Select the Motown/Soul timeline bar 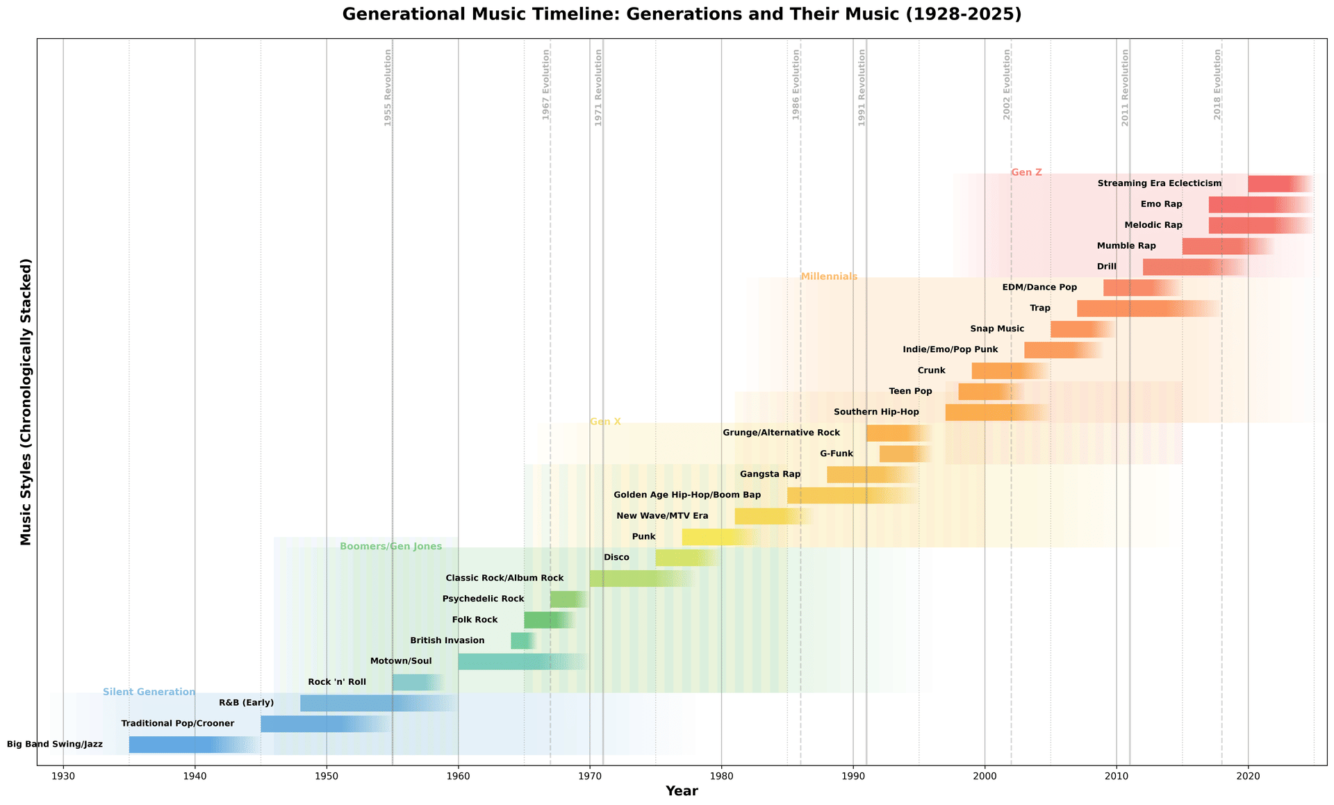point(514,662)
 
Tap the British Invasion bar point(521,641)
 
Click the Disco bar point(681,558)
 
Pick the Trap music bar point(1139,308)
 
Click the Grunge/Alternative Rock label point(781,433)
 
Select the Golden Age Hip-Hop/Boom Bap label point(687,495)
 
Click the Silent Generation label point(149,692)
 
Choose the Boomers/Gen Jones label point(390,547)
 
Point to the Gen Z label point(1026,172)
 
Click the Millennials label point(829,276)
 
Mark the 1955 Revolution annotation point(388,88)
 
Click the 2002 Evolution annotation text point(1007,85)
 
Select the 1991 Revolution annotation point(862,88)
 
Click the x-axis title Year point(682,791)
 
